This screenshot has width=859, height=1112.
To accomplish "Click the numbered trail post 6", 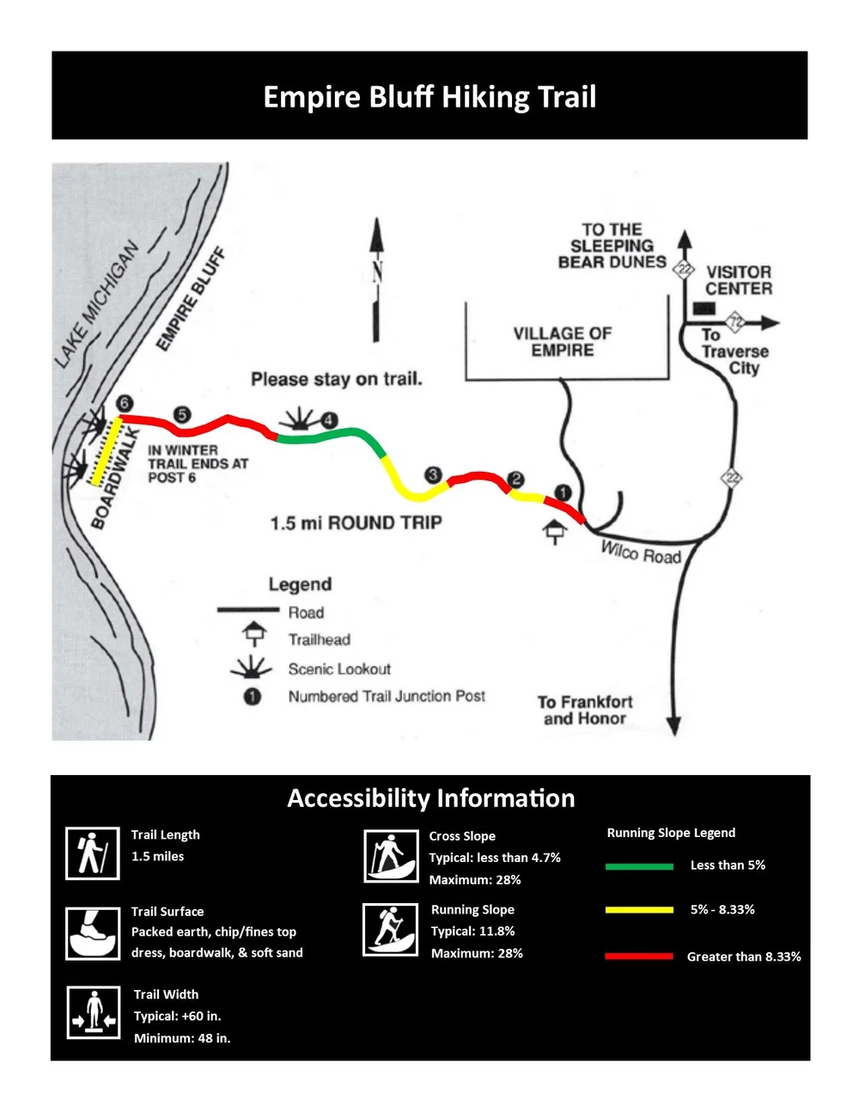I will pos(125,404).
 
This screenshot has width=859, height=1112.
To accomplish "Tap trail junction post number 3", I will pos(433,474).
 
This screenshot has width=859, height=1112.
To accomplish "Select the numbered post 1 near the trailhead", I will pos(563,492).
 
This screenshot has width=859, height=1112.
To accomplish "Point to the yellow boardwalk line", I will pos(105,452).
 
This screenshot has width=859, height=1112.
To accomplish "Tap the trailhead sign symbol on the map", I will pos(555,532).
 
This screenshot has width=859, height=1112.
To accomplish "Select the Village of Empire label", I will pos(563,341).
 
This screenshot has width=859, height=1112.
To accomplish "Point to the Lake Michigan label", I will pos(96,304).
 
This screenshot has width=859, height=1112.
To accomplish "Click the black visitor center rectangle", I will pos(704,308).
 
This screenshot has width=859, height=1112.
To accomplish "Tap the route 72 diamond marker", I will pos(735,322).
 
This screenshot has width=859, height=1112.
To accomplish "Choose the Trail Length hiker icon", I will pos(93,853).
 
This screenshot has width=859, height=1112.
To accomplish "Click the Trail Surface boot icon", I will pos(93,933).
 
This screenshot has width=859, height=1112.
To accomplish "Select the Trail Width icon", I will pos(94,1011).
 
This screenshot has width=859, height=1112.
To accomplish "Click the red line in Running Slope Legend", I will pos(638,956).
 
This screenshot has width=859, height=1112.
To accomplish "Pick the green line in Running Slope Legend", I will pos(638,866).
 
